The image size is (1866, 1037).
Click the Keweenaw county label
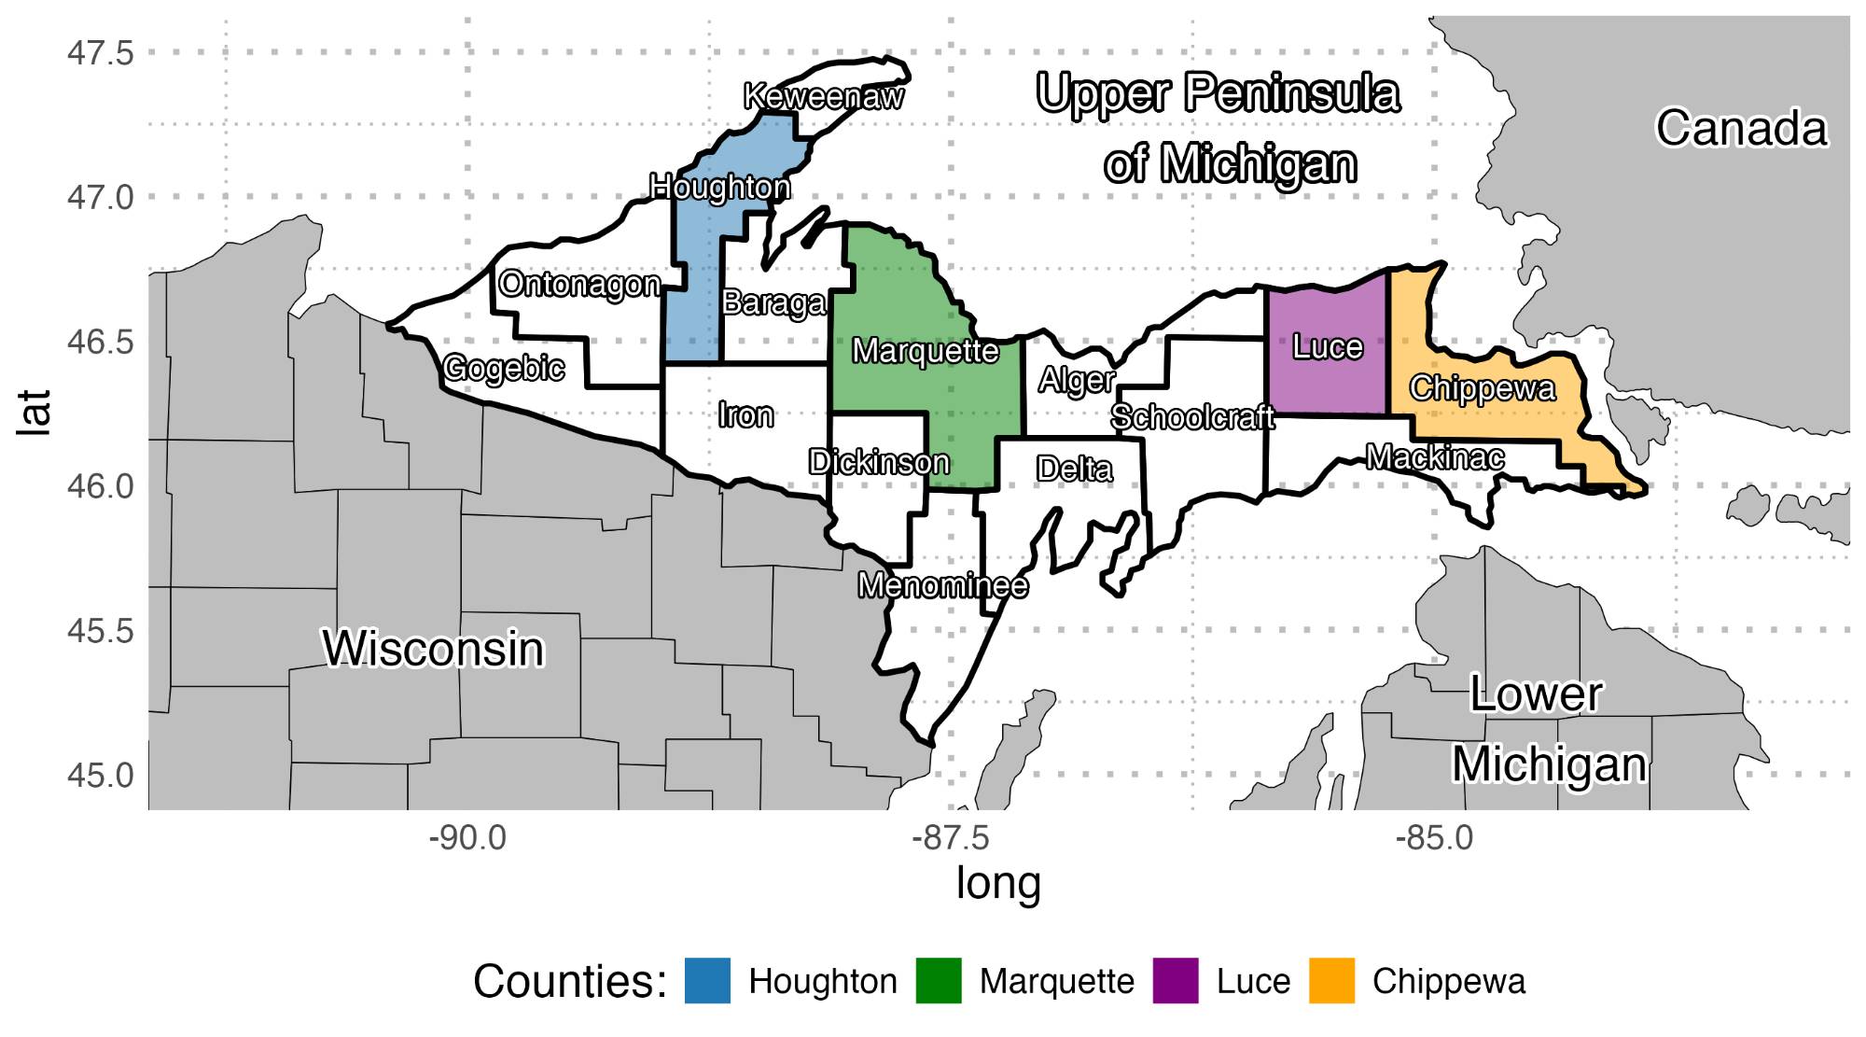[x=824, y=96]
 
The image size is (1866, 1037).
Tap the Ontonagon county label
[x=579, y=284]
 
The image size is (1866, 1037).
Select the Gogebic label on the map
[x=504, y=368]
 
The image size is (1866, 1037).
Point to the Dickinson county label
[x=879, y=462]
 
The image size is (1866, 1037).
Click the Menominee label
[x=943, y=585]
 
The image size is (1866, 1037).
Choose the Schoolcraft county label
[x=1192, y=416]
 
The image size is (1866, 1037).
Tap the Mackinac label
[x=1435, y=457]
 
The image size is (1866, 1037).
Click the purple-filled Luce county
[x=1327, y=373]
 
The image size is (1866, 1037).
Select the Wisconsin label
[x=433, y=649]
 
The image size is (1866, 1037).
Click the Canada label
[x=1741, y=129]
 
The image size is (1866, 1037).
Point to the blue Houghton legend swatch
[x=707, y=981]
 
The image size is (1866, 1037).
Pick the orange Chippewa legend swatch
[x=1331, y=981]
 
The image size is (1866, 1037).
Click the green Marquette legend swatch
[x=939, y=981]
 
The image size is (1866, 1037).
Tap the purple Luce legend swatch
[x=1176, y=981]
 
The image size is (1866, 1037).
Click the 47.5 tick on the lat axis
[x=100, y=53]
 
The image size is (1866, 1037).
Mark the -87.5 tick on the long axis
[x=951, y=838]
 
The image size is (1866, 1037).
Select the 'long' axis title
[x=997, y=883]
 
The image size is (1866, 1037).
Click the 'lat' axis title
[x=35, y=413]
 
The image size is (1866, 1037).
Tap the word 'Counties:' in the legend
[x=570, y=982]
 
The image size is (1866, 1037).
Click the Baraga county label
[x=773, y=302]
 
